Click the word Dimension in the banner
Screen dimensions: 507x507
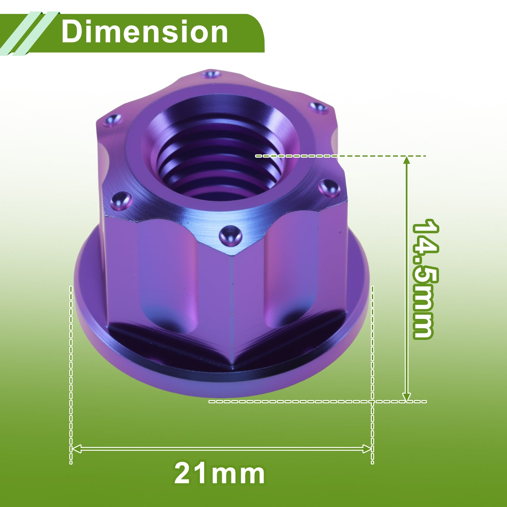coord(145,32)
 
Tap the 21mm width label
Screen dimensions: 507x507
coord(219,474)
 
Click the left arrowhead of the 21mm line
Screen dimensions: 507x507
coord(76,449)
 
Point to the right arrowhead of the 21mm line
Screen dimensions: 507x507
coord(367,449)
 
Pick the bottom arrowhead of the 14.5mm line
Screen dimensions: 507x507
coord(407,397)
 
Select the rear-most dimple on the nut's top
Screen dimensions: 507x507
coord(211,74)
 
